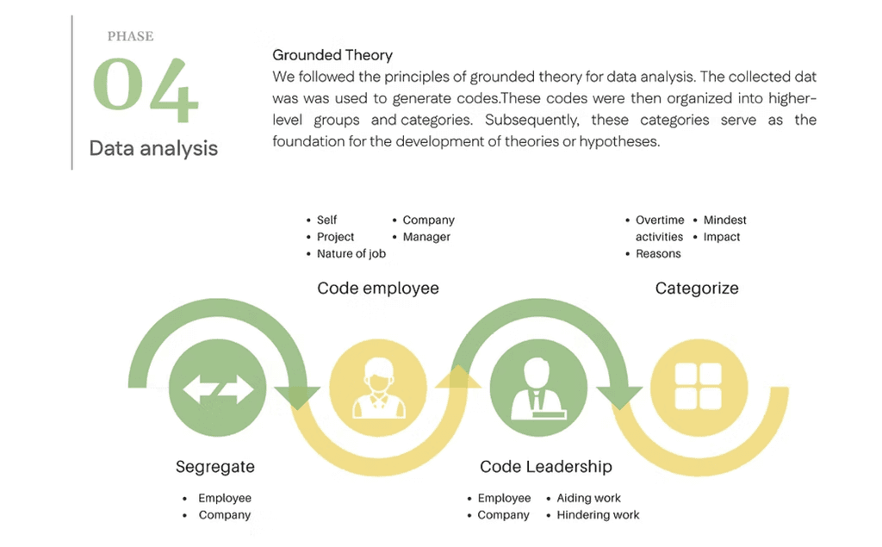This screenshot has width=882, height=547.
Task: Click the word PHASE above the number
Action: click(x=130, y=36)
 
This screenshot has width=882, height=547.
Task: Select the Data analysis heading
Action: click(x=153, y=148)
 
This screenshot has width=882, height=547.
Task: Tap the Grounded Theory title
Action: click(x=332, y=55)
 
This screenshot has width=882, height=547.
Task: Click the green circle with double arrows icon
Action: click(x=218, y=388)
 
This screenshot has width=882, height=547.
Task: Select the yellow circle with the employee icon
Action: click(x=378, y=388)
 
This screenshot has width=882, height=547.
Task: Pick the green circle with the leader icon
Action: click(x=538, y=388)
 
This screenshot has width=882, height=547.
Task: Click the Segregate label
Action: click(x=215, y=467)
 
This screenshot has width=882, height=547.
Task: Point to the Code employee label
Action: click(x=378, y=289)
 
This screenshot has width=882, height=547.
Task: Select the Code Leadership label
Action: click(x=546, y=467)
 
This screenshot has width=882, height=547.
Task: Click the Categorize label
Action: click(x=697, y=289)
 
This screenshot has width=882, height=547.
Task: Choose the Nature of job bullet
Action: click(x=351, y=253)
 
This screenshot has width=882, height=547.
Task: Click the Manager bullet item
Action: click(x=426, y=237)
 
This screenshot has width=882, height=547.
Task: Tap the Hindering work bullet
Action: click(x=598, y=515)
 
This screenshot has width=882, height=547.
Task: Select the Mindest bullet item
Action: click(x=724, y=220)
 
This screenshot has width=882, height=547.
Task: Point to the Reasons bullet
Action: click(x=658, y=253)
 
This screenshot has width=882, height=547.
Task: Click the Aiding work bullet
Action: click(x=588, y=498)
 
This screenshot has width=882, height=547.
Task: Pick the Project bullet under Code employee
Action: click(x=335, y=237)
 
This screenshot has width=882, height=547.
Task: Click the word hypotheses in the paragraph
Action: click(x=618, y=141)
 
